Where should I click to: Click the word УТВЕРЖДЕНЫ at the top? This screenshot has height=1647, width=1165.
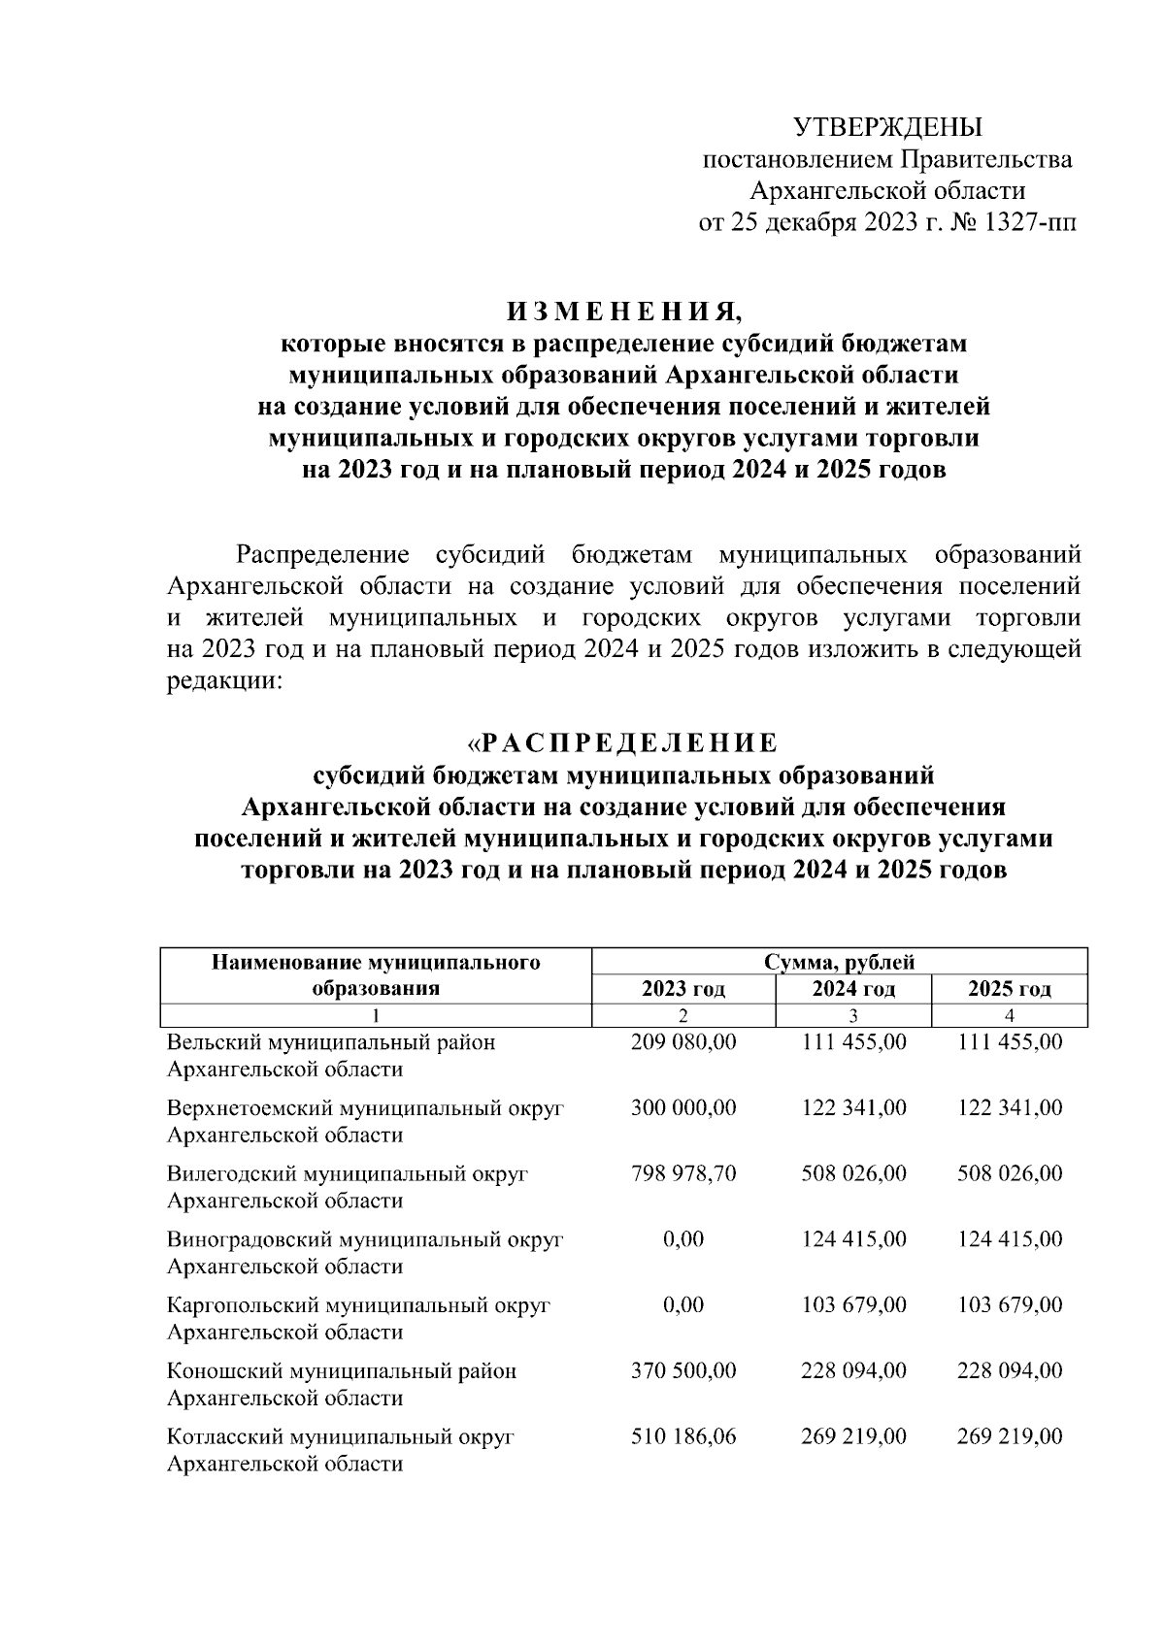(887, 127)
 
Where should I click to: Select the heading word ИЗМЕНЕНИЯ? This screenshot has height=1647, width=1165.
(622, 312)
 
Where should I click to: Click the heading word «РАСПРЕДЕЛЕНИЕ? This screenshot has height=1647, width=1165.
(622, 743)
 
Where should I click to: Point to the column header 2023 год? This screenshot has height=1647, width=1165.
(683, 989)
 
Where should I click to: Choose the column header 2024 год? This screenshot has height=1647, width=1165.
(853, 989)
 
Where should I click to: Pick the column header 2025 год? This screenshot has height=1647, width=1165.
(1010, 989)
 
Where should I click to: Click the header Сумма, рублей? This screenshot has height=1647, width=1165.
(839, 962)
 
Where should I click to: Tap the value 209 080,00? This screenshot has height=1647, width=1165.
(683, 1042)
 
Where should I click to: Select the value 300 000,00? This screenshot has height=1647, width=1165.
(683, 1108)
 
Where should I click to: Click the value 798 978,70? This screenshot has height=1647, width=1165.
(683, 1173)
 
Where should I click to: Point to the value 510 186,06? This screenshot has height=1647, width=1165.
(683, 1436)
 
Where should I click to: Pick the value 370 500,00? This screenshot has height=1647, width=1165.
(683, 1370)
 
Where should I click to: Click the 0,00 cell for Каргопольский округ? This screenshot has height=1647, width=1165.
(683, 1304)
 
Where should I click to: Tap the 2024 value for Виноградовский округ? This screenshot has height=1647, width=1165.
(853, 1239)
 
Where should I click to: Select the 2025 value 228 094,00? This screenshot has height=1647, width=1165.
(1010, 1370)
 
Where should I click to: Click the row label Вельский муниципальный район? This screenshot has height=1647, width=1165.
(331, 1042)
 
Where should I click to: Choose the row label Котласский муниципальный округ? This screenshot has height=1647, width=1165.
(340, 1436)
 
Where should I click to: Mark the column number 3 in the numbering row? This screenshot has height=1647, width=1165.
(853, 1016)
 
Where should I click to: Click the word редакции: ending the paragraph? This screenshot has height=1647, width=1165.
(224, 681)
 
